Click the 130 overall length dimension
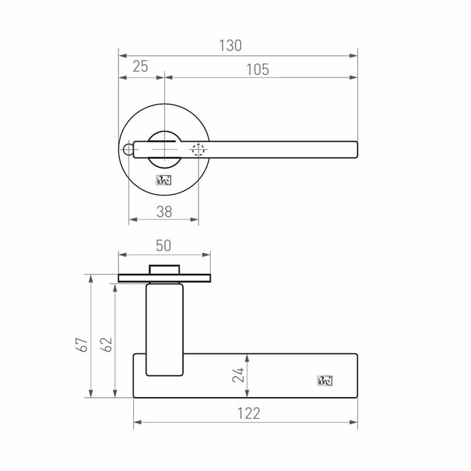click(x=231, y=46)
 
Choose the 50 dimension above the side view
click(x=164, y=246)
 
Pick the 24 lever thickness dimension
click(x=238, y=375)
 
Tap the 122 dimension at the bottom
click(x=249, y=413)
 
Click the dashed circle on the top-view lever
click(x=198, y=150)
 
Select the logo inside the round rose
click(x=164, y=180)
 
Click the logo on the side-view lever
click(x=324, y=381)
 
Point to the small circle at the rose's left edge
click(x=127, y=149)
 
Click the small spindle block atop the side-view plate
click(x=164, y=270)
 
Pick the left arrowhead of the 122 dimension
click(x=137, y=423)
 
